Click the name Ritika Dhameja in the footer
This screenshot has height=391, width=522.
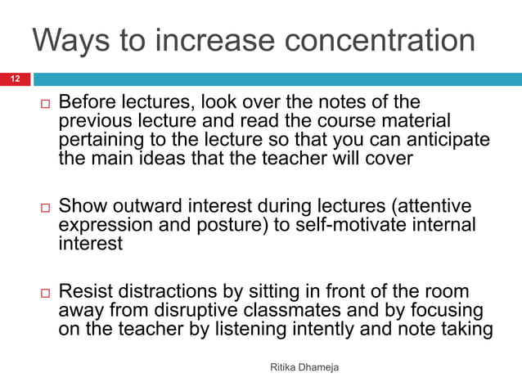click(304, 370)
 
